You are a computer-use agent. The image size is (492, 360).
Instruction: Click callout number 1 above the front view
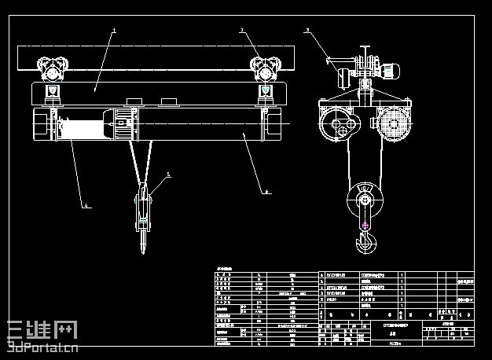115,31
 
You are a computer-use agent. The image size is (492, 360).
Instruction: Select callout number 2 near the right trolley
241,30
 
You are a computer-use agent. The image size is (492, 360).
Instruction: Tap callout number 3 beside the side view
307,30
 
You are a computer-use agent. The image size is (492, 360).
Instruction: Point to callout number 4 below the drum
87,207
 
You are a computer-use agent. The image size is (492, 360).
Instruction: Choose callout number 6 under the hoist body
266,191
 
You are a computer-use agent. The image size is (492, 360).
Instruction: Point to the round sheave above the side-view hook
365,198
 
